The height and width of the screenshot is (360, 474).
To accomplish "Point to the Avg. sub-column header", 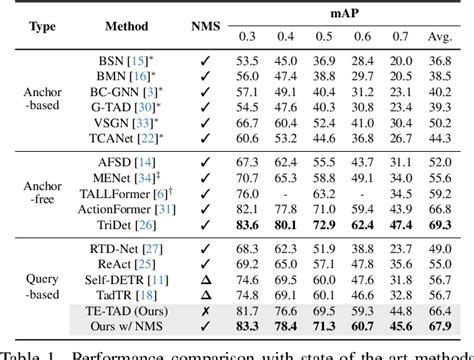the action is (439, 39).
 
